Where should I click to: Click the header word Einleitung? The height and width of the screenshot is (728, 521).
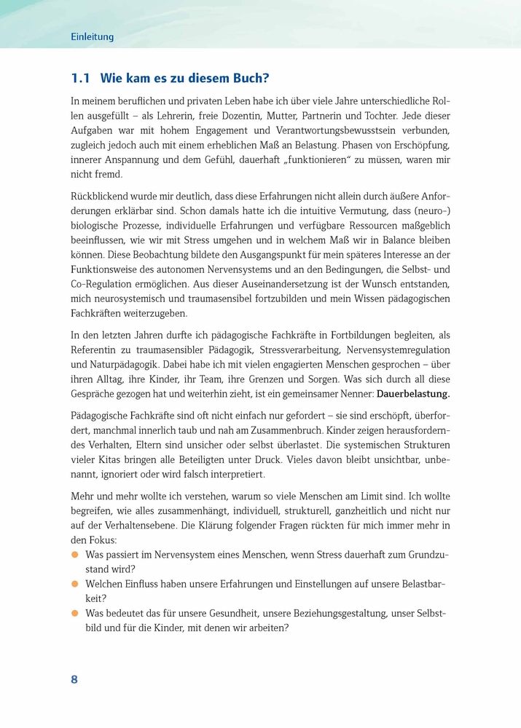pos(93,37)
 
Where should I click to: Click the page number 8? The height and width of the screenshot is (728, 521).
pos(74,680)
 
